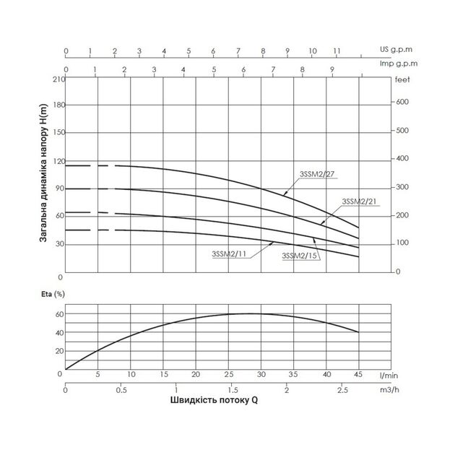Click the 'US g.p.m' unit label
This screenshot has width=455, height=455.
(x=394, y=51)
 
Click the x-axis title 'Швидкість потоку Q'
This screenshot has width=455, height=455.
(x=214, y=401)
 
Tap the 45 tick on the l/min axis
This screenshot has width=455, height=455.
(x=359, y=374)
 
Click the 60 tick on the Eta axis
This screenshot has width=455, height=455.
(x=59, y=315)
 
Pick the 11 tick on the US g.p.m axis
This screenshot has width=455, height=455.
(x=337, y=51)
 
